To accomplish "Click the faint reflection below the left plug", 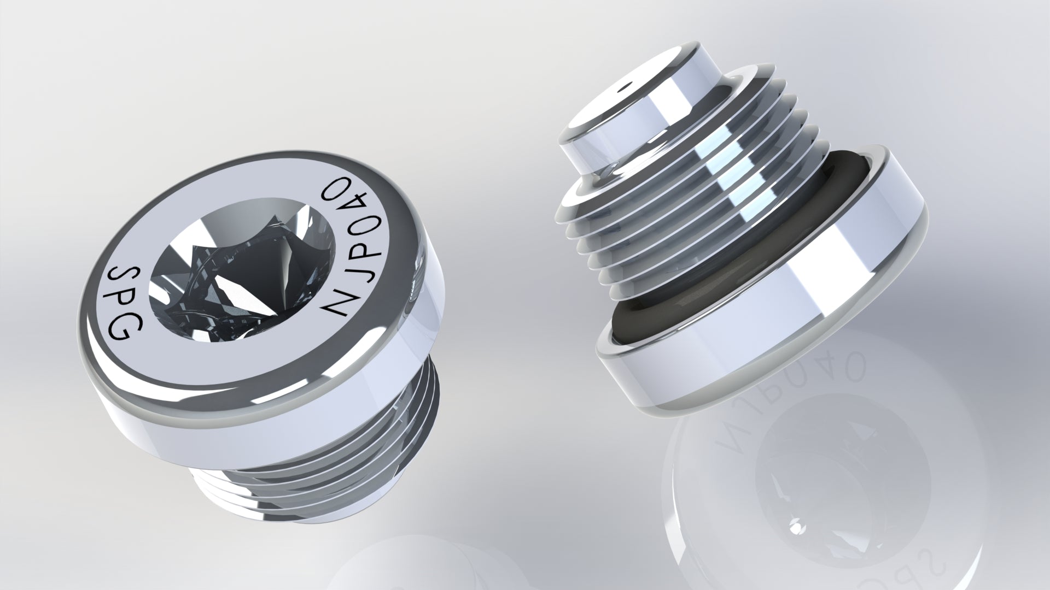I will [x=366, y=568].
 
